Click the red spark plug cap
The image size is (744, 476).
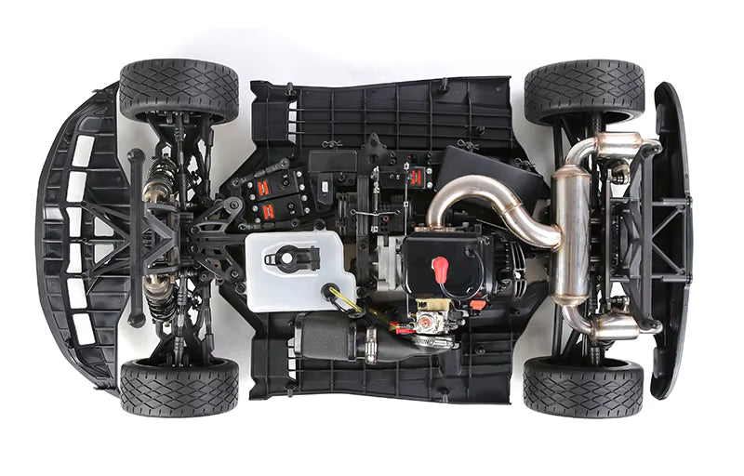(x=440, y=269)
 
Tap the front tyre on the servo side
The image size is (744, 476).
(x=179, y=89)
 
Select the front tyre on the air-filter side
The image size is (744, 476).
(x=179, y=387)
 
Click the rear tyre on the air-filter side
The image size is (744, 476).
(x=582, y=385)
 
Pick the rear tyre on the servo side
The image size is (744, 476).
(x=584, y=91)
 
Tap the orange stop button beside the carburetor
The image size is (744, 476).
(x=477, y=304)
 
